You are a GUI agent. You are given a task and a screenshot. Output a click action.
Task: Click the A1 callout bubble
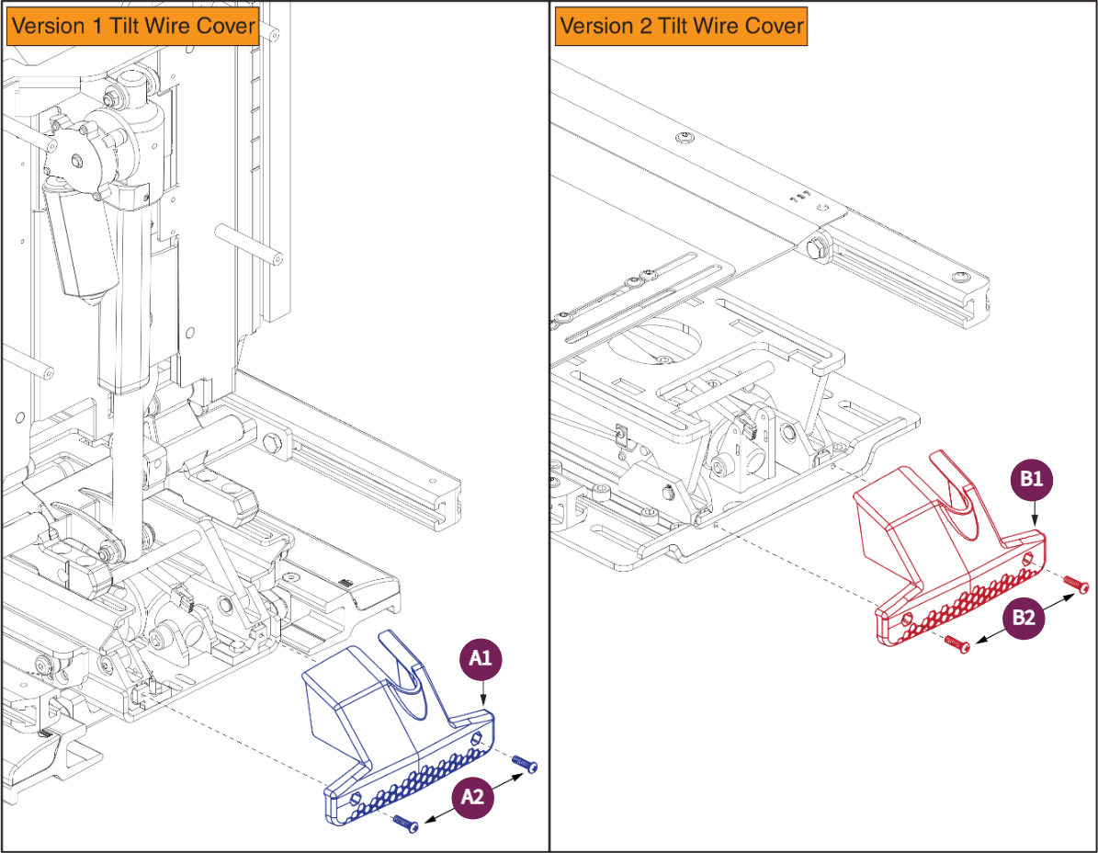coord(481,658)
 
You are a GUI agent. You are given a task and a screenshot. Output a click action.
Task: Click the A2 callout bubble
coord(472,799)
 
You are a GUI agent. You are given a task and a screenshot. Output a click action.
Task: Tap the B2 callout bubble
coord(1024,619)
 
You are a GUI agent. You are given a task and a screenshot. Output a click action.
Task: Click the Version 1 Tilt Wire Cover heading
coord(134,25)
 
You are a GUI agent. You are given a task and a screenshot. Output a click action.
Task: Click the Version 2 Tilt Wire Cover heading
coord(681,25)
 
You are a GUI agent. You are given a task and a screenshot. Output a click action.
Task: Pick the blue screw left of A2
coord(404,823)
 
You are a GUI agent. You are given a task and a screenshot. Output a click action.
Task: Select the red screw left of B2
coord(956,643)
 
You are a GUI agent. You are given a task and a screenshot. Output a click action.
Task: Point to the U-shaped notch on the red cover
coord(956,487)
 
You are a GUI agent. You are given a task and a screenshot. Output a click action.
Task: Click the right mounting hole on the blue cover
coord(476,737)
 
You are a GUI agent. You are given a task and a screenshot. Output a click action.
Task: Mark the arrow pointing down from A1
coord(483,695)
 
